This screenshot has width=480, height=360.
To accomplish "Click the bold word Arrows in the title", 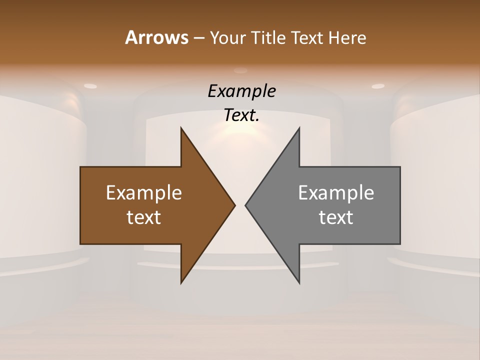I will point(156,37).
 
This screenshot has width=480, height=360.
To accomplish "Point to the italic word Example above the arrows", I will point(241,91).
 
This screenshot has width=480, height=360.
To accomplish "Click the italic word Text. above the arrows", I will point(241,115).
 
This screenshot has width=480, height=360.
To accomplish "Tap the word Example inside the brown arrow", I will point(144,192).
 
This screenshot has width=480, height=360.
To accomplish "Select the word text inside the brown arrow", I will point(144,217).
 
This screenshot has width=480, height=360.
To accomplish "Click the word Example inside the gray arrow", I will point(336,192).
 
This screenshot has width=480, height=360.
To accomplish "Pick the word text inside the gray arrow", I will point(336,217).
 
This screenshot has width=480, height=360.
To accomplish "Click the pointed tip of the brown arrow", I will point(234,205).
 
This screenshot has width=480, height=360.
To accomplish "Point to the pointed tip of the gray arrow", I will point(246,205).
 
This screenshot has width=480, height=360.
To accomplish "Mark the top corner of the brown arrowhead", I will point(181,128).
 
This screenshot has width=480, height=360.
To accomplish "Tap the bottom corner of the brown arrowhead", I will point(181,282).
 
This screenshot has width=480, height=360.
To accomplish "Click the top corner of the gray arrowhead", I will point(299,128).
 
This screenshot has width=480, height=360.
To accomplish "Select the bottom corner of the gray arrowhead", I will point(299,282).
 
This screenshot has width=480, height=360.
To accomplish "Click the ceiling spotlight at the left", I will point(90,86).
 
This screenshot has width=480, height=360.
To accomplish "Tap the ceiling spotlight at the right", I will point(378,86).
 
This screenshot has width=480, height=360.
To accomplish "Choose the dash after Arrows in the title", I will point(198,38).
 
